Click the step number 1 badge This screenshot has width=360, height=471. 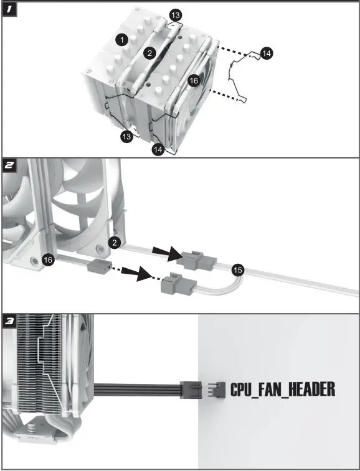tap(9, 11)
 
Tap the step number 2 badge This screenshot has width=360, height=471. tap(9, 166)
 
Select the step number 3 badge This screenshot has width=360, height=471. tap(9, 322)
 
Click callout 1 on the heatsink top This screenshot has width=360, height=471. tap(123, 39)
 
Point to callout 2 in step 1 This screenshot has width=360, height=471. tap(149, 54)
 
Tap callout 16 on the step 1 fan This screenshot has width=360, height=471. tap(194, 80)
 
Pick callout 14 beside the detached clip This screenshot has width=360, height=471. tap(266, 54)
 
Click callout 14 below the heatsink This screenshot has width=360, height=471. tap(158, 149)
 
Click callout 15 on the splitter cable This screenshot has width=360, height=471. tap(237, 269)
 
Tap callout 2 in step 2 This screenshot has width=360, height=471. tap(114, 242)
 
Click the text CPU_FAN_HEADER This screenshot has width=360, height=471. tap(283, 390)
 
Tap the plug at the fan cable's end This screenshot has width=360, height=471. tap(189, 390)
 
